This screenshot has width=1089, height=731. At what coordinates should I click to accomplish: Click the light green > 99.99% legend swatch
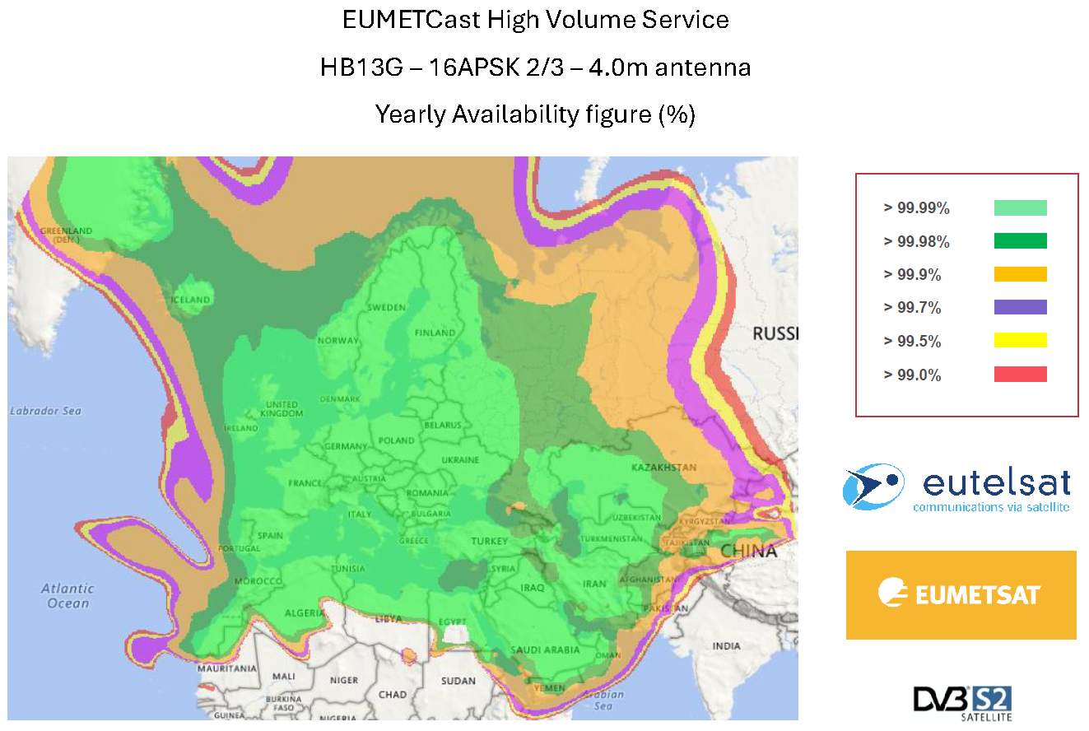pyautogui.click(x=1020, y=207)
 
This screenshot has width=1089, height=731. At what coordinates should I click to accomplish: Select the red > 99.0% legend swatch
pyautogui.click(x=1020, y=375)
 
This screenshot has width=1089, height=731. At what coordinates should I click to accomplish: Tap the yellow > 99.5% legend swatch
pyautogui.click(x=1020, y=340)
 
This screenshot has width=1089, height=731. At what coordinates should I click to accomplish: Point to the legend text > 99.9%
pyautogui.click(x=912, y=275)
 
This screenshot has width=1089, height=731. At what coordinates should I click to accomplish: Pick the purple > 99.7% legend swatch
pyautogui.click(x=1020, y=307)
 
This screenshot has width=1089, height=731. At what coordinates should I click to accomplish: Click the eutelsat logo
pyautogui.click(x=956, y=487)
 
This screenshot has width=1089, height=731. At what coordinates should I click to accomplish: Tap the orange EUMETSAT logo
pyautogui.click(x=961, y=594)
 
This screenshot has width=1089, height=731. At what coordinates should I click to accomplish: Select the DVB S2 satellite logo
pyautogui.click(x=962, y=702)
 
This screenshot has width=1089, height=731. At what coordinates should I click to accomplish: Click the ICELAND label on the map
pyautogui.click(x=190, y=300)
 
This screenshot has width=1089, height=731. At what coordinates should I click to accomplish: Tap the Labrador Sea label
pyautogui.click(x=45, y=411)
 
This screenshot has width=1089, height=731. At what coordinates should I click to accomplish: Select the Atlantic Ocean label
pyautogui.click(x=67, y=596)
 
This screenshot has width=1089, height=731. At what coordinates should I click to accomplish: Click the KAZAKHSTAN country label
pyautogui.click(x=663, y=468)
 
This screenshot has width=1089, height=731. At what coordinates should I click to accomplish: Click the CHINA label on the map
pyautogui.click(x=748, y=551)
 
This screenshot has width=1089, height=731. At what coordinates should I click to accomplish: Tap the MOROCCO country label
pyautogui.click(x=258, y=582)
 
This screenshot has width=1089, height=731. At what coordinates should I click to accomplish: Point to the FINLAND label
pyautogui.click(x=435, y=333)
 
